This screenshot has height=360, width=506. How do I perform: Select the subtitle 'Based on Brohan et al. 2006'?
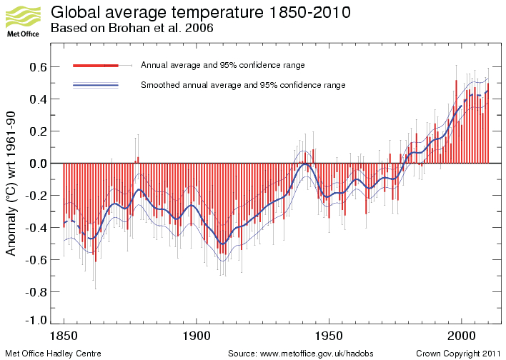[132, 29]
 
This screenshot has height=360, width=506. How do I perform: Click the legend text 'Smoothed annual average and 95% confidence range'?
[243, 85]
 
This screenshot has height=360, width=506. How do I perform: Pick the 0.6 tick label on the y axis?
[38, 67]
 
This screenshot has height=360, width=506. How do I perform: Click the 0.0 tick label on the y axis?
[38, 164]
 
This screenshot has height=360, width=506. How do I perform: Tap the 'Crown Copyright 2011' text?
[460, 354]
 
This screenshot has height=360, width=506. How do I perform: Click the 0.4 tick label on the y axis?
[38, 99]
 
